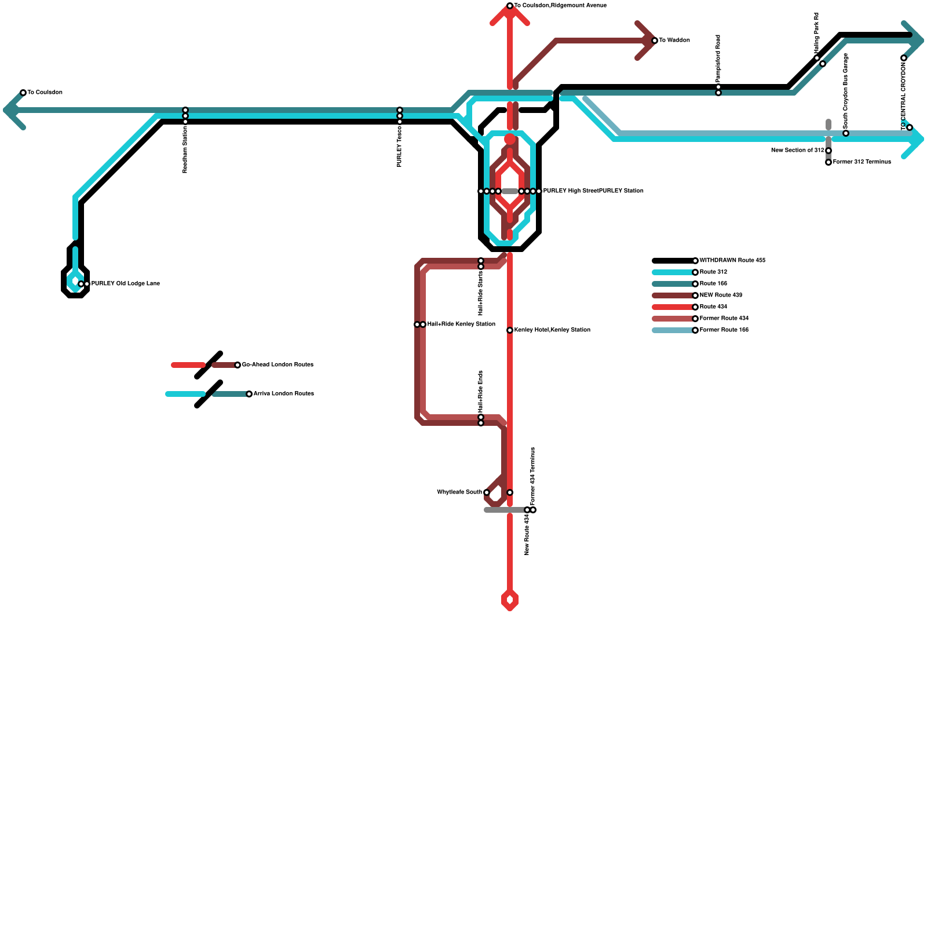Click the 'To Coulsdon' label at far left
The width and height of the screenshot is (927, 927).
pos(45,93)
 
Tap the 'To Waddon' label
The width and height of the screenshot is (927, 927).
pos(674,41)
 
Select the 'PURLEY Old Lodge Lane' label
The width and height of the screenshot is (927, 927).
pos(125,284)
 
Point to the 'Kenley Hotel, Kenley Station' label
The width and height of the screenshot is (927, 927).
pos(552,330)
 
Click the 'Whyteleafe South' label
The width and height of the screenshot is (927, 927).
pos(459,492)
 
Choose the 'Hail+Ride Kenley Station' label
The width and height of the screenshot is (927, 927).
pos(461,324)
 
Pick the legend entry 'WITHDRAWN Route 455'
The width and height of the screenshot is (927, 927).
pos(732,261)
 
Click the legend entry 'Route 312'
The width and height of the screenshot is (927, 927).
pos(713,272)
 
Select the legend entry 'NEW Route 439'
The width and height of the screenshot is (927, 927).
pos(721,295)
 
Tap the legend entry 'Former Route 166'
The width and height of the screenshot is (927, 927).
pos(724,330)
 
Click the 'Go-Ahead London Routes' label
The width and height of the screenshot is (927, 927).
pos(278,365)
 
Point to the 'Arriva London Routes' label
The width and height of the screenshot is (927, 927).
pos(283,394)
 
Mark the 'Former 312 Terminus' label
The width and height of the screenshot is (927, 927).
pos(862,162)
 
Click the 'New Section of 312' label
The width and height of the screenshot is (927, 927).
pos(797,151)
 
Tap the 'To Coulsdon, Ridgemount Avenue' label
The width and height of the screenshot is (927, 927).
pos(560,6)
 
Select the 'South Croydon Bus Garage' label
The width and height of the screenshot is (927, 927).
pos(846,90)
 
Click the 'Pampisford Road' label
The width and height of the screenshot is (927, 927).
pos(718,58)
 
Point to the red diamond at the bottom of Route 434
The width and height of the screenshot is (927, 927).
pos(510,600)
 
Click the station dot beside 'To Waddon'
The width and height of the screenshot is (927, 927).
pos(655,41)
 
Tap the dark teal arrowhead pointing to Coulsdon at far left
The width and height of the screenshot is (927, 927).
pos(12,110)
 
